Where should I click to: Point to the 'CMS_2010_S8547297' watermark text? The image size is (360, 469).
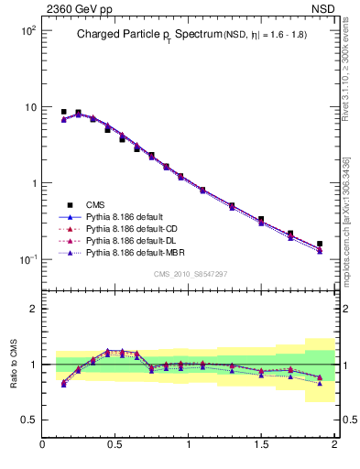click(x=190, y=274)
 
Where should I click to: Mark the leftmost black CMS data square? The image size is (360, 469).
click(x=63, y=112)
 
